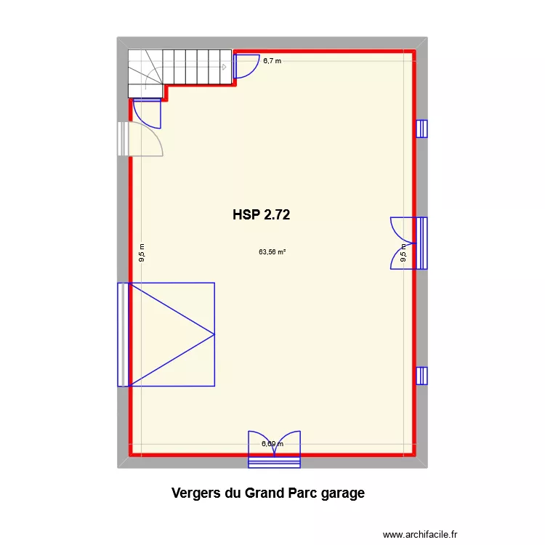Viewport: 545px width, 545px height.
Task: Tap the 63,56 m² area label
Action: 272,253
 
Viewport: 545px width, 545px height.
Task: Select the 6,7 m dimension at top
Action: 272,61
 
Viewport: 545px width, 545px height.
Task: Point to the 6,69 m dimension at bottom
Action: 272,444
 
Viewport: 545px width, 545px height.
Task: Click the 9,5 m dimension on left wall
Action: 142,251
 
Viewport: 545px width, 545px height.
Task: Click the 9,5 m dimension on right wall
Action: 404,251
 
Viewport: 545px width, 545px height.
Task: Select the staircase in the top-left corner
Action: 180,68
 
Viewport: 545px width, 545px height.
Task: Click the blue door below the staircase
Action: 147,112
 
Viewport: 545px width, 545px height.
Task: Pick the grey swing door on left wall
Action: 141,139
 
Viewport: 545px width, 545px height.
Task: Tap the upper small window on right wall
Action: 421,129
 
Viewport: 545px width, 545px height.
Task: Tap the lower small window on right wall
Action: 421,376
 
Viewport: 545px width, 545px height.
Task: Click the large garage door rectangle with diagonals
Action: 171,334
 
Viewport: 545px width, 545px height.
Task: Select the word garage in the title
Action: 340,493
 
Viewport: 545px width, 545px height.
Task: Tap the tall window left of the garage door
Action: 123,334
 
